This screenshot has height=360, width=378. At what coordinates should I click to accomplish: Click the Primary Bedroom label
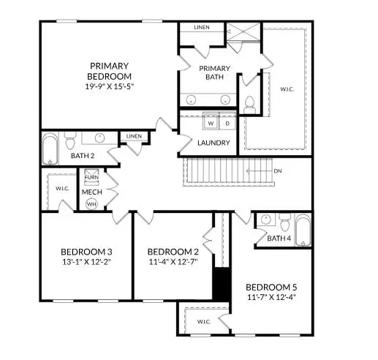110,70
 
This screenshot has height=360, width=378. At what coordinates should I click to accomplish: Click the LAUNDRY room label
214,143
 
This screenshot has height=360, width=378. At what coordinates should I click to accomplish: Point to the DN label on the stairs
278,172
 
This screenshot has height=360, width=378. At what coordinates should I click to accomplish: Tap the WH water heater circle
91,204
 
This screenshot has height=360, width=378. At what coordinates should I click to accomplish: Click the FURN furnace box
91,178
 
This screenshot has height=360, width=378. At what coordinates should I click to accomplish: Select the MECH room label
91,192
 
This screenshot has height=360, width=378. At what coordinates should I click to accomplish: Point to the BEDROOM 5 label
272,287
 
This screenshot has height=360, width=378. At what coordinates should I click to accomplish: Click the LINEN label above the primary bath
202,28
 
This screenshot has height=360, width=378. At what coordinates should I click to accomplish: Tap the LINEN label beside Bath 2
134,136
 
